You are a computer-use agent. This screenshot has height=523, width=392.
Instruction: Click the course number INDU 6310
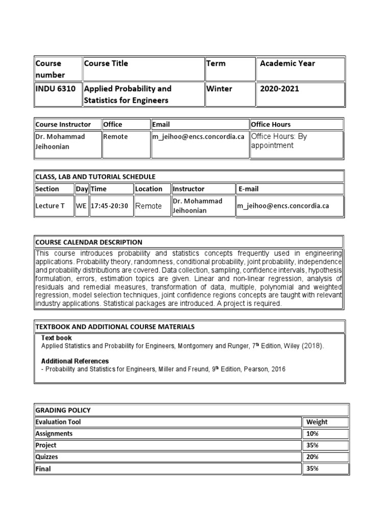click(x=55, y=89)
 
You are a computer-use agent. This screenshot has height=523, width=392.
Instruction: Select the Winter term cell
click(x=219, y=89)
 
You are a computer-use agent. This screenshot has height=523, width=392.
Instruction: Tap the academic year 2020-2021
click(x=280, y=89)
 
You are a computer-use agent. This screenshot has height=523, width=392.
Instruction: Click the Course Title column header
click(x=106, y=64)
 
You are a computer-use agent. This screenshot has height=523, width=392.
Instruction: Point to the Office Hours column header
click(x=271, y=124)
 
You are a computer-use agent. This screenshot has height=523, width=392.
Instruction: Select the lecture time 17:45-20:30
click(x=109, y=206)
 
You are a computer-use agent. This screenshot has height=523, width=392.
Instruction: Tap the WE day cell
click(x=81, y=206)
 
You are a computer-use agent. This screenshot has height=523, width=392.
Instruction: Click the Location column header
click(x=149, y=189)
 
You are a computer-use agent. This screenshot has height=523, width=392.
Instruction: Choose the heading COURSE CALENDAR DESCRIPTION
click(x=89, y=242)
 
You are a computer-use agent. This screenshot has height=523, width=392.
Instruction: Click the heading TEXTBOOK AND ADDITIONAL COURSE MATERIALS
click(x=115, y=326)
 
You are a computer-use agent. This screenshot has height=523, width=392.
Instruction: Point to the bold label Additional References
click(x=75, y=361)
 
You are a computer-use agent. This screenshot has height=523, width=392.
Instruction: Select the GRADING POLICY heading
click(x=63, y=410)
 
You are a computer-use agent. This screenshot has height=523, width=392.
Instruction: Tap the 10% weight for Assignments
click(x=312, y=434)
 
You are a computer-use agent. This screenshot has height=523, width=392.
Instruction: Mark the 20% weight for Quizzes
click(x=312, y=457)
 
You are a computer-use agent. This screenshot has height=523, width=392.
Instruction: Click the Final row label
click(x=43, y=468)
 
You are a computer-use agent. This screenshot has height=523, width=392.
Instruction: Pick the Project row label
click(x=46, y=445)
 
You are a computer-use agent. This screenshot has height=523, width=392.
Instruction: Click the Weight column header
click(x=316, y=422)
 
